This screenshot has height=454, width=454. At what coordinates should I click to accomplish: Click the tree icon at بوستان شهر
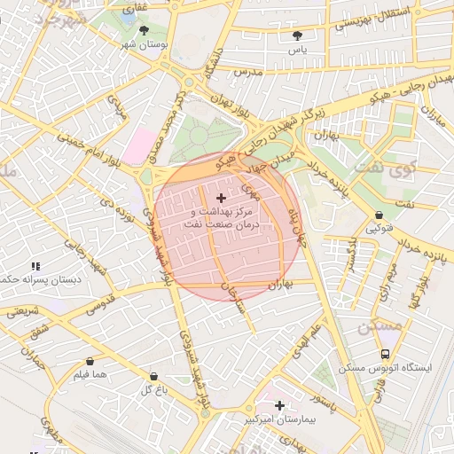point(144,29)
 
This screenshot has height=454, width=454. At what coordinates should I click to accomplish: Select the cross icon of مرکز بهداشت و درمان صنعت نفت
point(221,197)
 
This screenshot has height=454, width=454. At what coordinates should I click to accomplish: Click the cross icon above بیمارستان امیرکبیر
point(280,405)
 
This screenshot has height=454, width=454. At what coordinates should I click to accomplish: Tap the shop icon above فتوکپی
point(380,215)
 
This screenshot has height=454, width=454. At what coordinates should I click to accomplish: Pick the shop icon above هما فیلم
point(91,362)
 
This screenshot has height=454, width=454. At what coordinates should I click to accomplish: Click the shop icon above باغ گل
point(153,377)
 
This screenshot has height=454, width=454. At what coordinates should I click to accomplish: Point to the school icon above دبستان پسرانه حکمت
point(35,266)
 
